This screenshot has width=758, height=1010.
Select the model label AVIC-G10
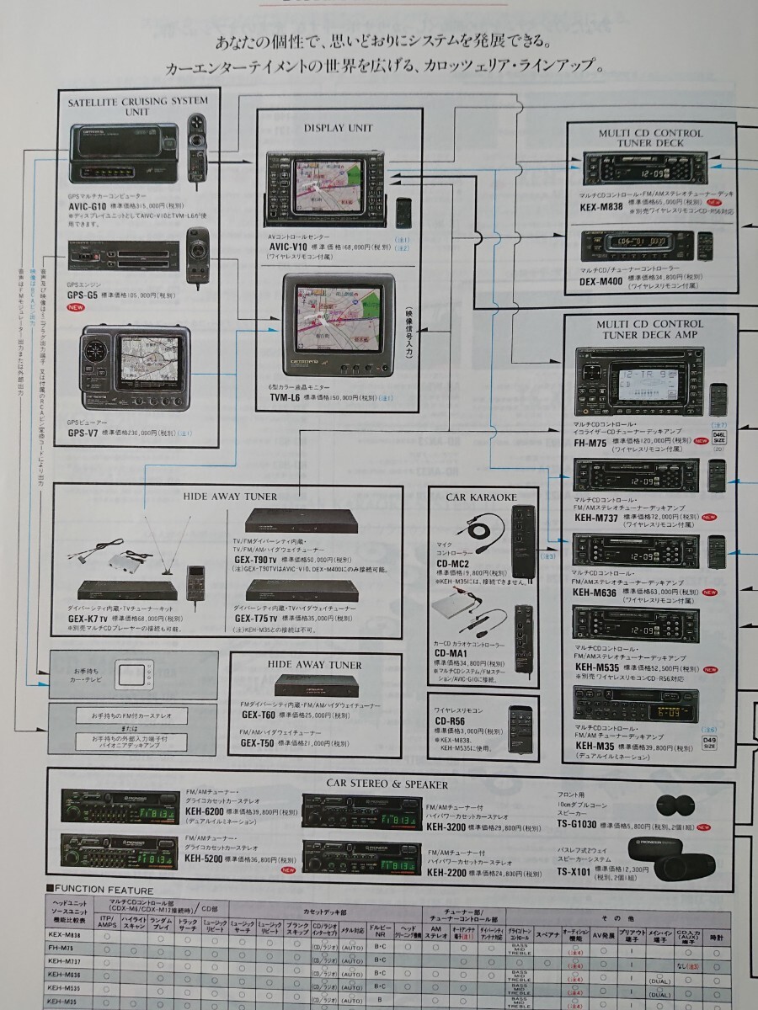point(87,206)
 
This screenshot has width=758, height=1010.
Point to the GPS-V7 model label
point(86,434)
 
